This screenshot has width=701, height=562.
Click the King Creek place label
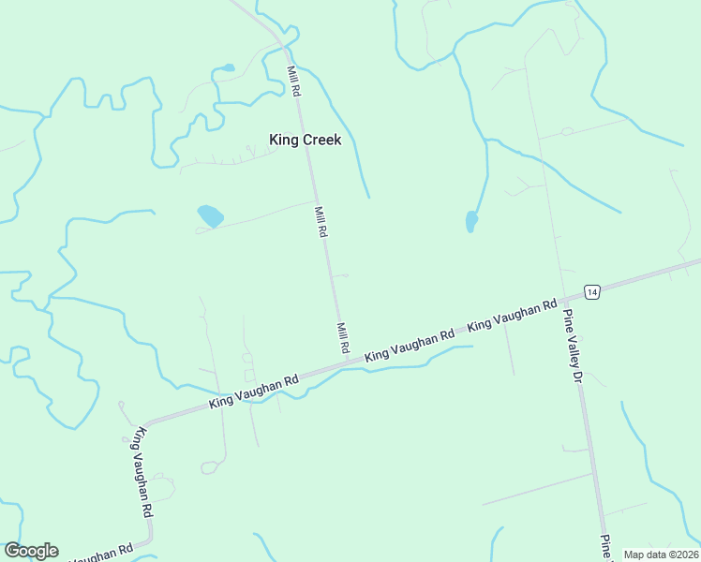point(306,140)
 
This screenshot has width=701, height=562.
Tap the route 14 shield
point(591,292)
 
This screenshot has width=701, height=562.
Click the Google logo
point(31,551)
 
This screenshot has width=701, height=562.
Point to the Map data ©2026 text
point(660,555)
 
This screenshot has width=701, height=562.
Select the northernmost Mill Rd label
point(294,82)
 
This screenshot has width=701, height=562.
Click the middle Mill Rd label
point(321,221)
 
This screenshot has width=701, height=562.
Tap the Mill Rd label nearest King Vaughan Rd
point(343,337)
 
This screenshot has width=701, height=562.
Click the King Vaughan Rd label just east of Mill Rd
point(410,345)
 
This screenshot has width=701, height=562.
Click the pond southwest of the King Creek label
point(210,216)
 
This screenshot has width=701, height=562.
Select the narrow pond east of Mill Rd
point(471,221)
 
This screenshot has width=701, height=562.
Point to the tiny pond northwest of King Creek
point(227,67)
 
